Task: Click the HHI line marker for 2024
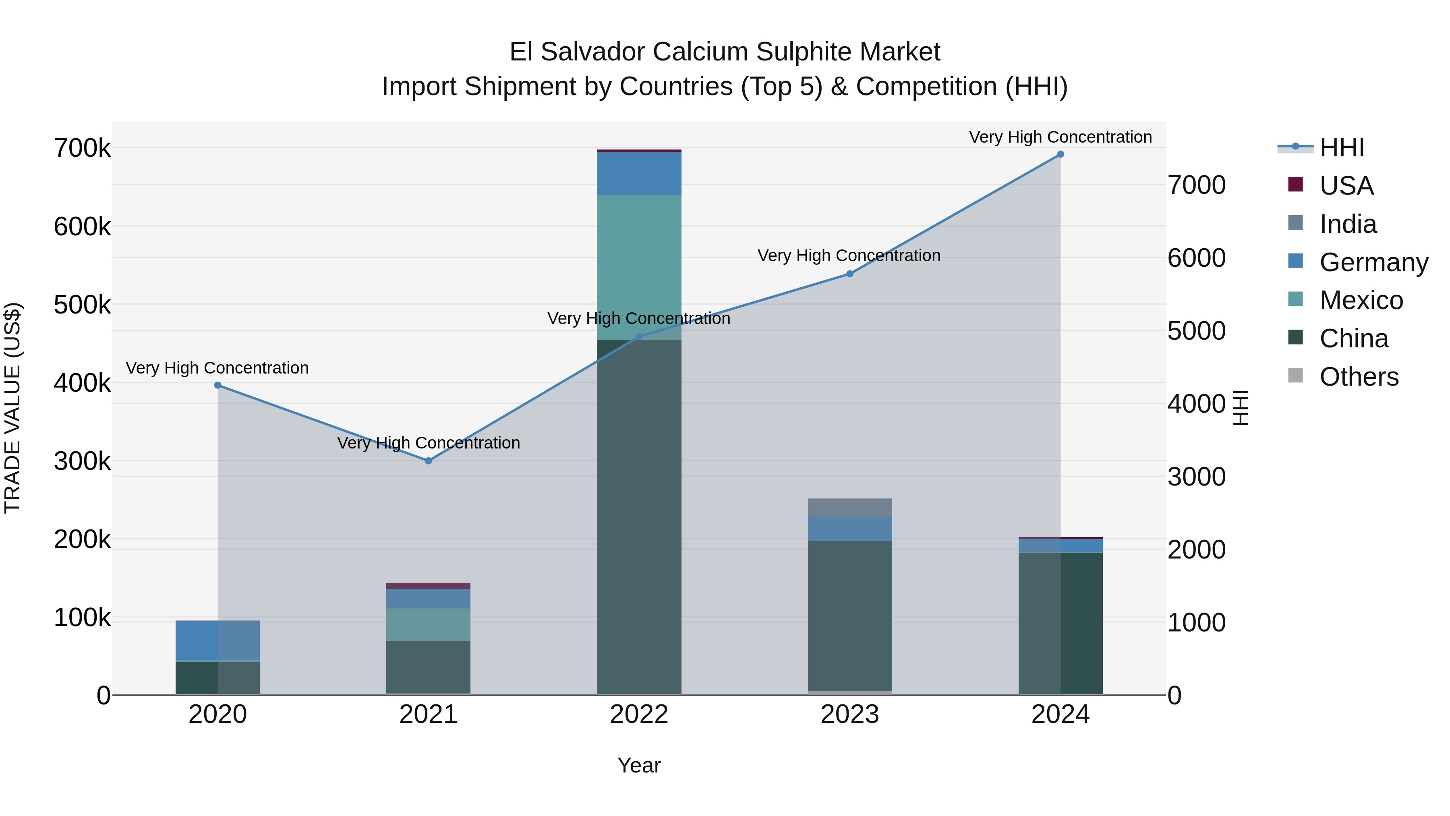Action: click(1061, 154)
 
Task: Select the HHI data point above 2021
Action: click(429, 461)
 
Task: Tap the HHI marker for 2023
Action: click(850, 274)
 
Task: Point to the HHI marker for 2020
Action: click(218, 385)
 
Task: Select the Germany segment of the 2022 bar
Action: click(639, 173)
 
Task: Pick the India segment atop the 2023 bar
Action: click(850, 507)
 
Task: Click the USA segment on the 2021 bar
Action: click(429, 586)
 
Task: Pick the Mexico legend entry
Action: click(1361, 300)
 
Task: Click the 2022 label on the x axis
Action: click(639, 714)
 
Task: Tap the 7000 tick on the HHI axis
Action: click(1196, 185)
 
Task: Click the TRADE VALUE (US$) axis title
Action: click(12, 408)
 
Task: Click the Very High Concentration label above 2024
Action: click(1061, 137)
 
